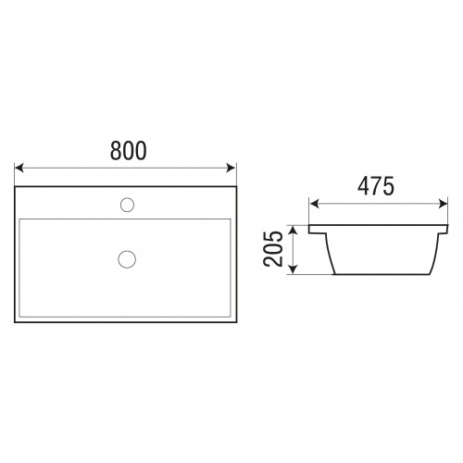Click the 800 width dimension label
(129, 151)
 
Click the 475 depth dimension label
(376, 186)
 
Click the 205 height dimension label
(273, 249)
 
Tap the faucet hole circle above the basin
(127, 205)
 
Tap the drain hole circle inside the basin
(127, 259)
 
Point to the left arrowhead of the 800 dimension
(19, 169)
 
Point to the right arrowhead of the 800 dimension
(231, 169)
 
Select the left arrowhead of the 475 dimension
(314, 204)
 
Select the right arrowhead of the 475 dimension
(443, 204)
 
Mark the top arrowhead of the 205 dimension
(294, 230)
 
